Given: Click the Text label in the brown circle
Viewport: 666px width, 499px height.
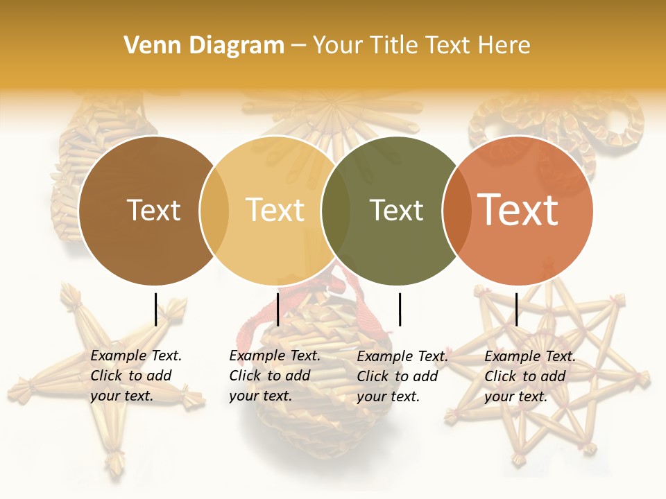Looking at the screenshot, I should point(153,210).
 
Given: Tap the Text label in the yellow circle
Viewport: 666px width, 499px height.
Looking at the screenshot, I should point(275,210).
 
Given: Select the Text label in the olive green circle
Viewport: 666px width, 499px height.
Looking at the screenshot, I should point(396,210).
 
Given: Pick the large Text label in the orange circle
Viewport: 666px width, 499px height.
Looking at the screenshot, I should point(518,210).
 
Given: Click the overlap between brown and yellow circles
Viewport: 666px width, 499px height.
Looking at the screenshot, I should point(214,210).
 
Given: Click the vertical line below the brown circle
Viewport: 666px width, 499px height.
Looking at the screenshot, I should point(155,309).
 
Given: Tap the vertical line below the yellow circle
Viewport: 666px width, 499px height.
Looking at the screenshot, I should point(277,309).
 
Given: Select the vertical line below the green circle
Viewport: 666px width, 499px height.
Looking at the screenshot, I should point(400,309).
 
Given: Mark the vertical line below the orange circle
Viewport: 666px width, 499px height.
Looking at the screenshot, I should point(516,309).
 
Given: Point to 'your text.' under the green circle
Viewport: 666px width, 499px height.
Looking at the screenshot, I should point(388,396).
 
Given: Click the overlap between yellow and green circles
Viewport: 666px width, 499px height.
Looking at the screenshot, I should point(336,210).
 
